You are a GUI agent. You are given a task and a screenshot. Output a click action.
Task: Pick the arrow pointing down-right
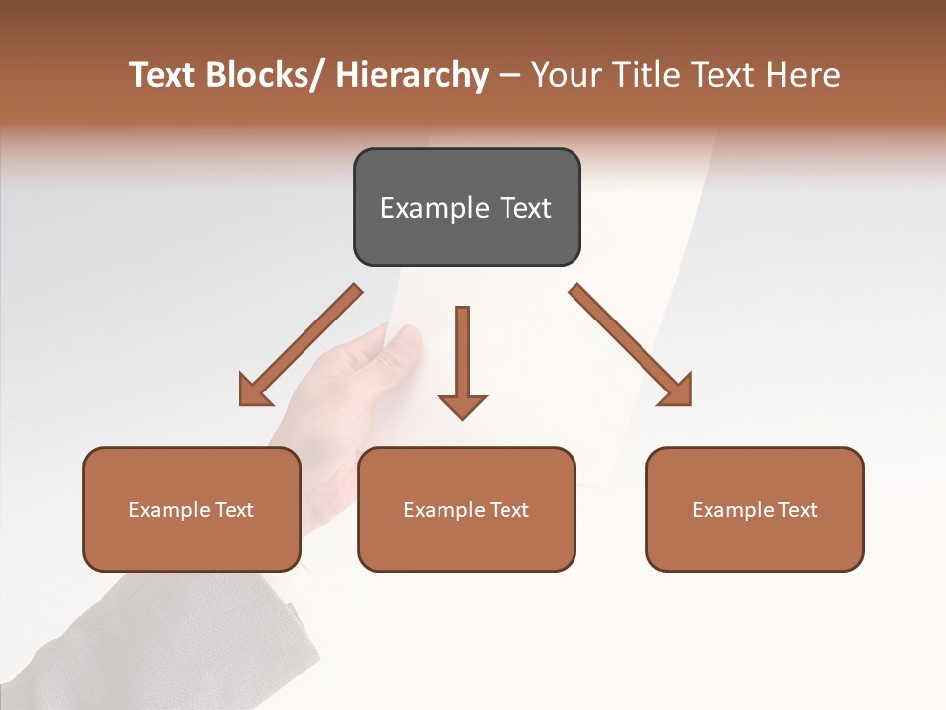(632, 346)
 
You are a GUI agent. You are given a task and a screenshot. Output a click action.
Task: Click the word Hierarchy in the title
(412, 75)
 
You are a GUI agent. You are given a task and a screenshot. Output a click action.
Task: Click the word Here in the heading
(802, 75)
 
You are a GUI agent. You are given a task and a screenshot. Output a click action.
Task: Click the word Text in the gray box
(524, 208)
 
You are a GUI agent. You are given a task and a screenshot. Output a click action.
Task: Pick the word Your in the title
(564, 75)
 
